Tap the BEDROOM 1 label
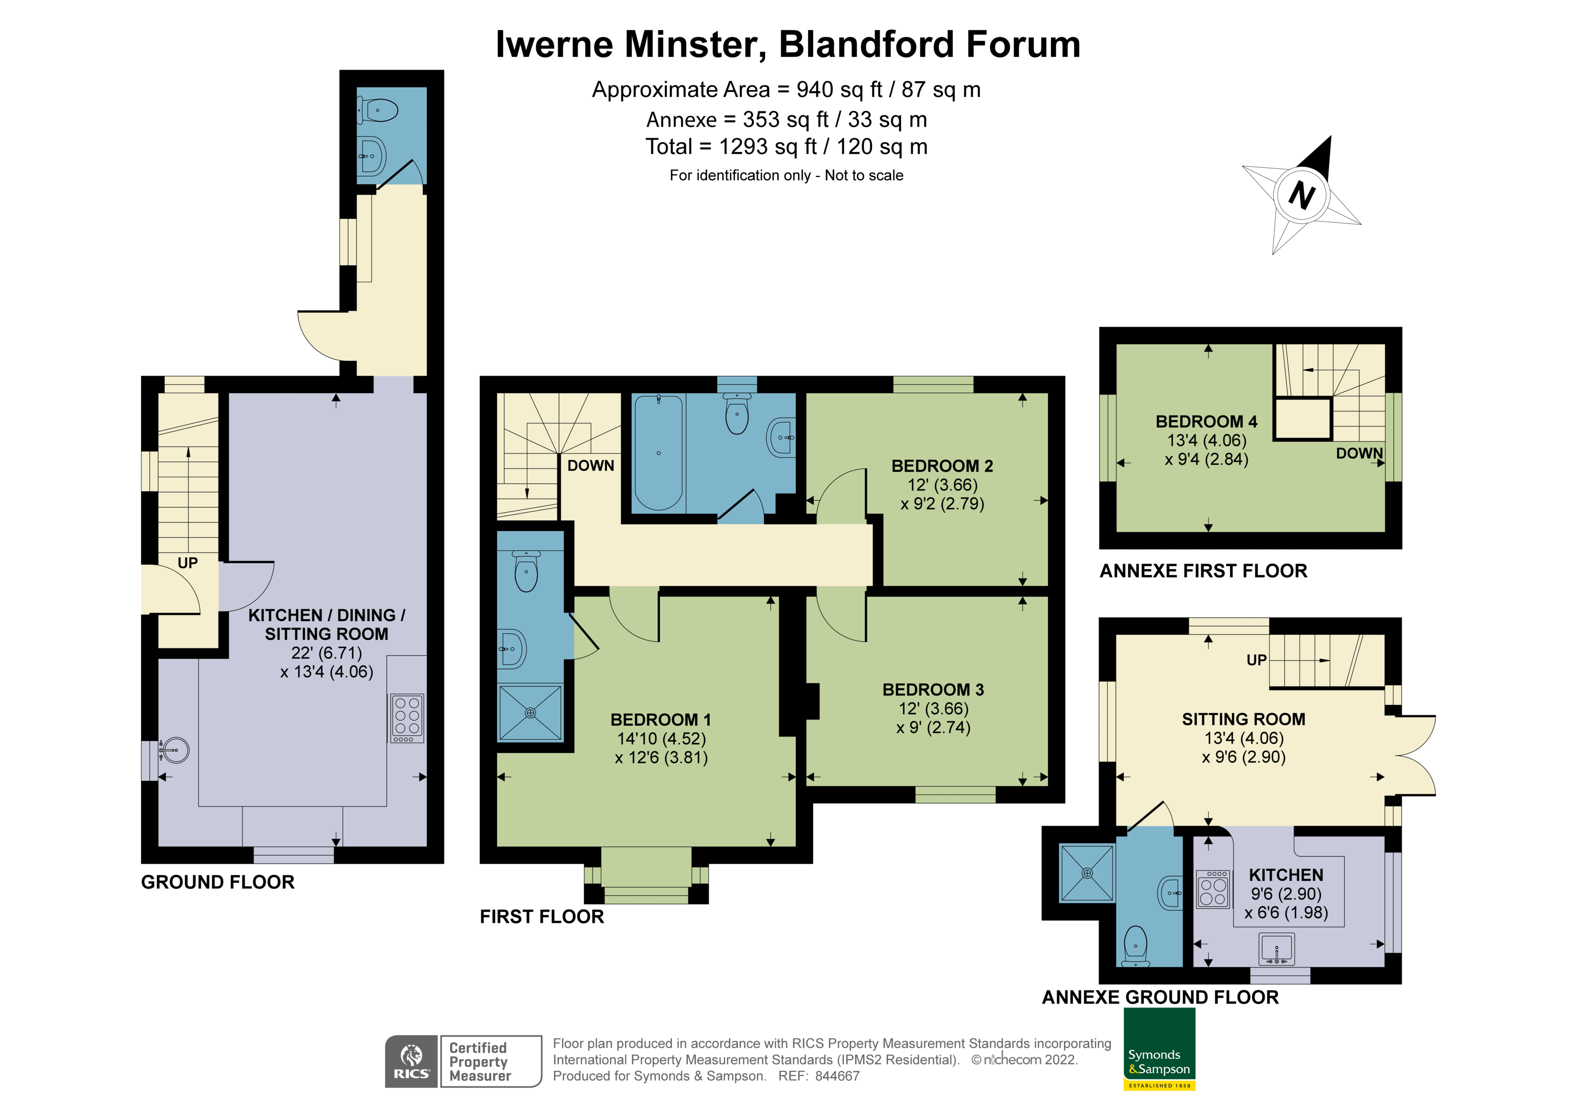tap(661, 719)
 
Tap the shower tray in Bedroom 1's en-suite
tap(530, 713)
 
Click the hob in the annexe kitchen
tap(1213, 890)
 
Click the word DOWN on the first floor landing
tap(591, 466)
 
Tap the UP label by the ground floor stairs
tap(187, 563)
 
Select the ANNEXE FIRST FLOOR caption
tap(1203, 571)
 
